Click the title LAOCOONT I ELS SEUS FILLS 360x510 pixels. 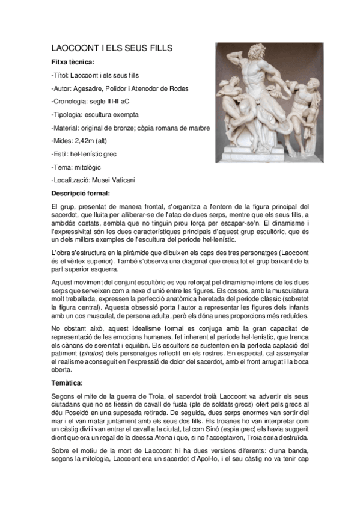(112, 48)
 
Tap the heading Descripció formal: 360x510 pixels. (81, 193)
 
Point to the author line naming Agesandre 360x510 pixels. (120, 88)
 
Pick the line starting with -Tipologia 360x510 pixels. (95, 114)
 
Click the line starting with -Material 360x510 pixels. (130, 127)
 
